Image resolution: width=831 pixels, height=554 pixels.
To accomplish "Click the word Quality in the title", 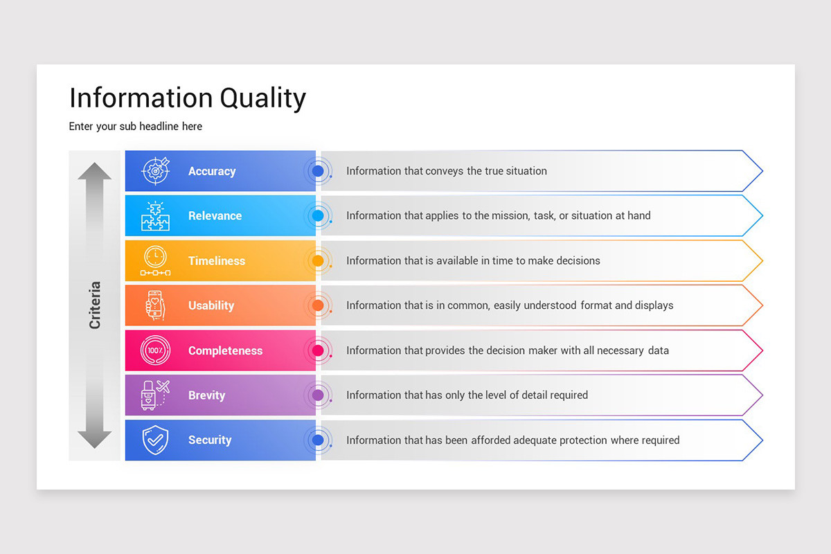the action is coord(262,98).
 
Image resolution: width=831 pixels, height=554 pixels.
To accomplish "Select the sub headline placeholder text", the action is coord(136,127).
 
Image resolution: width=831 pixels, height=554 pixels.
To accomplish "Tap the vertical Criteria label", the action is coord(95,305).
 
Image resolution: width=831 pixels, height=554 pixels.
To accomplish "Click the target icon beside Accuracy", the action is coord(155,170).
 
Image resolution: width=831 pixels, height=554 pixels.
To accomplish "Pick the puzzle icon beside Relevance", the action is coord(155,215).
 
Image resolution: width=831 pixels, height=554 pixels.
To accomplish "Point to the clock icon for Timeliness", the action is coord(155,260).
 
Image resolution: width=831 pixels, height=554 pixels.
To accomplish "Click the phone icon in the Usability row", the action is coord(155,305).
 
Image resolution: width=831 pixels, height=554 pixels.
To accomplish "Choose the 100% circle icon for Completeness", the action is coord(155,350).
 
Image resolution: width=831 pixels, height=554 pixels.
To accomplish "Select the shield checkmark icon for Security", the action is coord(155,440).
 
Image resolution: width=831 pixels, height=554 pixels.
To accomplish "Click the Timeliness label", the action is coord(217,261).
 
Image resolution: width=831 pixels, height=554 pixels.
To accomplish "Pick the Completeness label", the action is coord(226,350).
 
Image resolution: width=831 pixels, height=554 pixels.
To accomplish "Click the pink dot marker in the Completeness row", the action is coord(318,350).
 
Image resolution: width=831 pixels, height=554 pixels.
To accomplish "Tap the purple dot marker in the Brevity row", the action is coord(318,395).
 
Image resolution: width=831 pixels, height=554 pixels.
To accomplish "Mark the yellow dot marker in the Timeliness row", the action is coord(318,261).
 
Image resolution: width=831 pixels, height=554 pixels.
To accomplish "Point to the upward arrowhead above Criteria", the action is coord(95,171).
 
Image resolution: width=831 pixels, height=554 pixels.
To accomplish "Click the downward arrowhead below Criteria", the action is coord(95,440).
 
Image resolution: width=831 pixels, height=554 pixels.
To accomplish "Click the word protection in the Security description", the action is coord(583,440).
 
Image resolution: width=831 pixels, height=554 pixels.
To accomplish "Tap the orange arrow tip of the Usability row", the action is coord(762,305).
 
